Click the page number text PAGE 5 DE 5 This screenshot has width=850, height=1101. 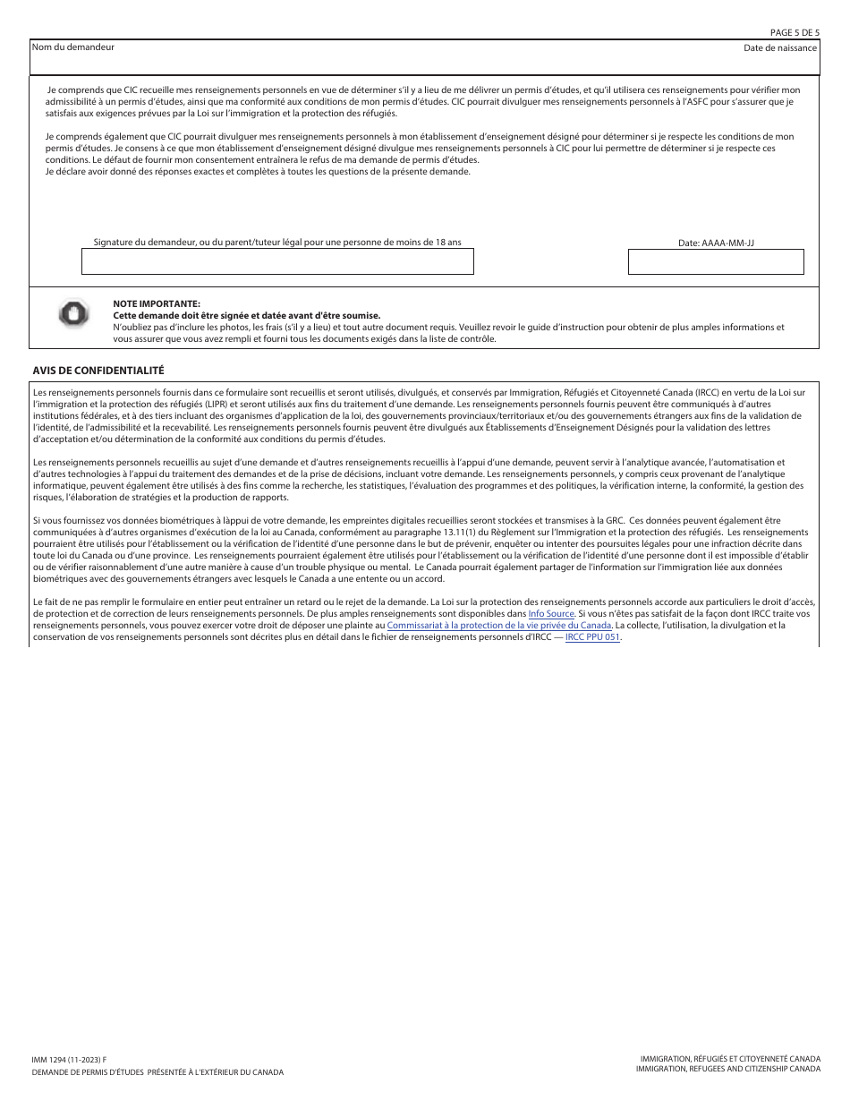794,32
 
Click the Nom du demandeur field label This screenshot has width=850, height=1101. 73,47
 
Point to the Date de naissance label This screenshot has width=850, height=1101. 779,47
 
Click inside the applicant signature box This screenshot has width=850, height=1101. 277,261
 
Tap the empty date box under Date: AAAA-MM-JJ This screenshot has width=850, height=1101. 716,261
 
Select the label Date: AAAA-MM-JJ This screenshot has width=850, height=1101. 716,243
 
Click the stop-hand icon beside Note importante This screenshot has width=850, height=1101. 73,312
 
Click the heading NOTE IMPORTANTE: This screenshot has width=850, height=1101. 157,304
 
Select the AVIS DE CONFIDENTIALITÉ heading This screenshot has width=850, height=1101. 98,370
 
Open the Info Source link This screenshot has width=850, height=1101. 551,614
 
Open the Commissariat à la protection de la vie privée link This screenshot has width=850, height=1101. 499,626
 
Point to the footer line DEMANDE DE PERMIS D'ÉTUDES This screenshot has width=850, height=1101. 157,1071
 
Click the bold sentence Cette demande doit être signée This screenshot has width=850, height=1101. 246,315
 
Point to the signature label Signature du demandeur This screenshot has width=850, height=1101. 277,242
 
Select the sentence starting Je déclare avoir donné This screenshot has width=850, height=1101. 258,171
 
